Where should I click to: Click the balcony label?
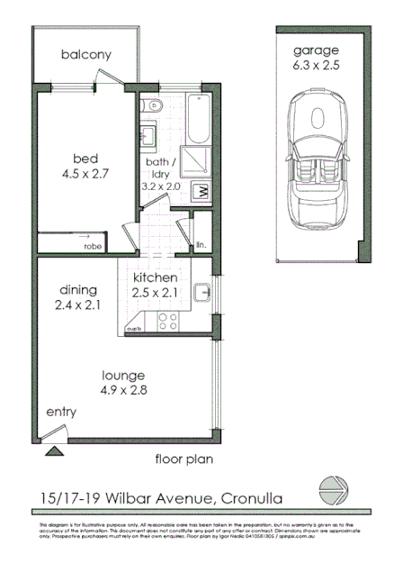tap(85, 55)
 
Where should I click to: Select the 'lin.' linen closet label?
tap(201, 243)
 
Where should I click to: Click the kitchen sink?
tap(207, 292)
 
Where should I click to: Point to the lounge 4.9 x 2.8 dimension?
tap(123, 382)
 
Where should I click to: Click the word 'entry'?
tap(61, 412)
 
